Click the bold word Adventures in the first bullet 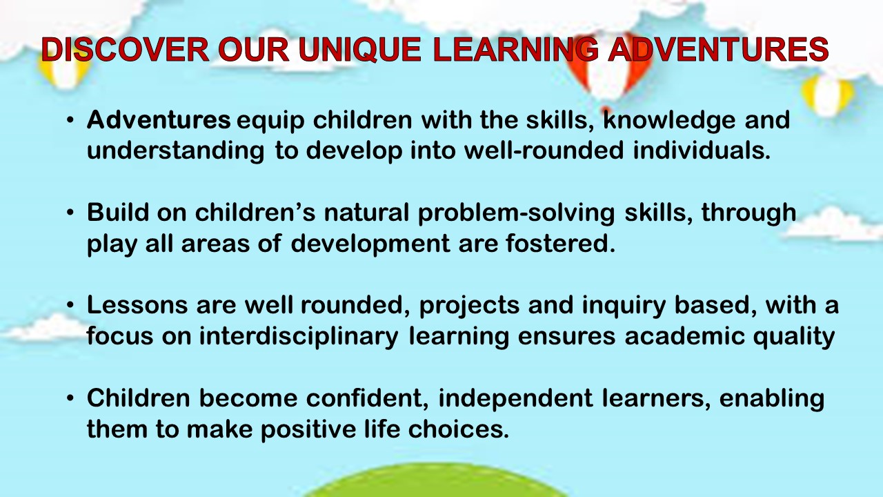click(159, 119)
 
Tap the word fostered click(560, 243)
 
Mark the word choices click(459, 429)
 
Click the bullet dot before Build click(70, 213)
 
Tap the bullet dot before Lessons click(70, 306)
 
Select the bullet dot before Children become click(70, 398)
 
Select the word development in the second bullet click(370, 244)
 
